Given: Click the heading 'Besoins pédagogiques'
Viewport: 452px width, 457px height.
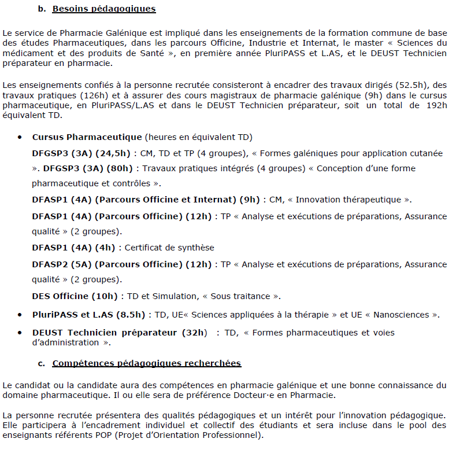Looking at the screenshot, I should pyautogui.click(x=104, y=9).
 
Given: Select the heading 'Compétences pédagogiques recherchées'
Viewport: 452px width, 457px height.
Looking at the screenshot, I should pyautogui.click(x=146, y=363).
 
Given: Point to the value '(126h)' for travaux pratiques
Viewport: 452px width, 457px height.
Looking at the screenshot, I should pyautogui.click(x=80, y=95).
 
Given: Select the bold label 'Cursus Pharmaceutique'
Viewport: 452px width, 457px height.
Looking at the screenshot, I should pyautogui.click(x=87, y=137).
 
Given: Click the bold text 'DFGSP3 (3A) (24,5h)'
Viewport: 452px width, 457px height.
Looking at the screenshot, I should pyautogui.click(x=81, y=153).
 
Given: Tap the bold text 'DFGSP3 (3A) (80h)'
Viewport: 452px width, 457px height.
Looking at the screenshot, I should pyautogui.click(x=88, y=168).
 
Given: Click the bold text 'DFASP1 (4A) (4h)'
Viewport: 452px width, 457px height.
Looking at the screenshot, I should pyautogui.click(x=74, y=248).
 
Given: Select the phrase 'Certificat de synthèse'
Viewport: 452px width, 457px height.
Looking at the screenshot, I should pyautogui.click(x=169, y=248).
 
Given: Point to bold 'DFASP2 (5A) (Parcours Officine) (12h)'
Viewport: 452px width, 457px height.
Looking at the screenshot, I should pyautogui.click(x=122, y=264).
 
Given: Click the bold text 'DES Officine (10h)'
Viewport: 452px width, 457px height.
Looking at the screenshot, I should pyautogui.click(x=75, y=296).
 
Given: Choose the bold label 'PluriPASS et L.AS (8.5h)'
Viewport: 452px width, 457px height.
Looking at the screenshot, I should pyautogui.click(x=88, y=315).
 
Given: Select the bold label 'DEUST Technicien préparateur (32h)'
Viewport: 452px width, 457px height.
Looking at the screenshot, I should pyautogui.click(x=119, y=333).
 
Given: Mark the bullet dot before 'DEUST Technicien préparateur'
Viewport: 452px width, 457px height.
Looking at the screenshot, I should pyautogui.click(x=20, y=333).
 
